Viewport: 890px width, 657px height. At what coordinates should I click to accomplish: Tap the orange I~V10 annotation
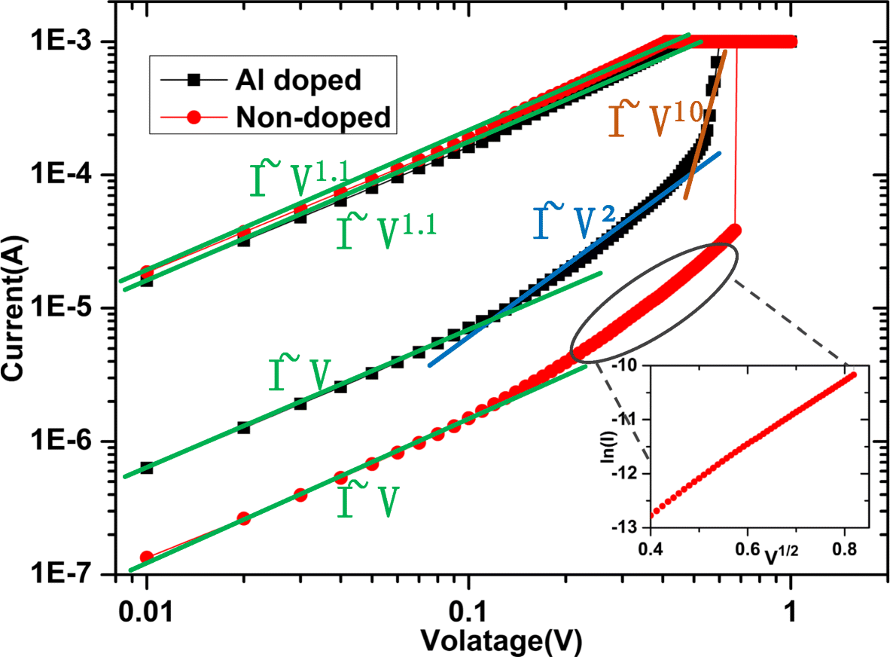(651, 121)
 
